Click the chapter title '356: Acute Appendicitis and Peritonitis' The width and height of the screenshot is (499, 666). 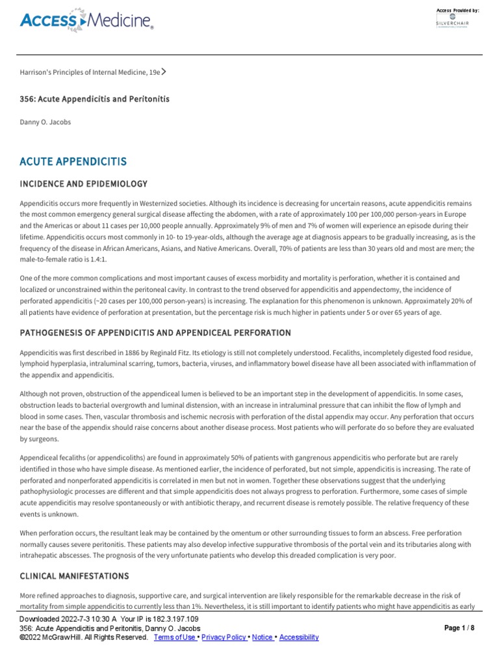coord(95,98)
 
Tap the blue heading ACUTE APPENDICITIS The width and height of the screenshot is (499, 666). coord(73,161)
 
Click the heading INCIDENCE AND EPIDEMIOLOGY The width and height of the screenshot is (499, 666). coord(84,184)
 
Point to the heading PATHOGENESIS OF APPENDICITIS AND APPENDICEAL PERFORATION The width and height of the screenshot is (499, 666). coord(155,333)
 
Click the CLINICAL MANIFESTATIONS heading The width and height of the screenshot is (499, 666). coord(74,576)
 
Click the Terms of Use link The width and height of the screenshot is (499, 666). coord(174,637)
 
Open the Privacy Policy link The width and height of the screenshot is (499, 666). coord(224,637)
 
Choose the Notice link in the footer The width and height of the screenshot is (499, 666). coord(262,637)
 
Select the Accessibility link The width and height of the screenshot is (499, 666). coord(299,637)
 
